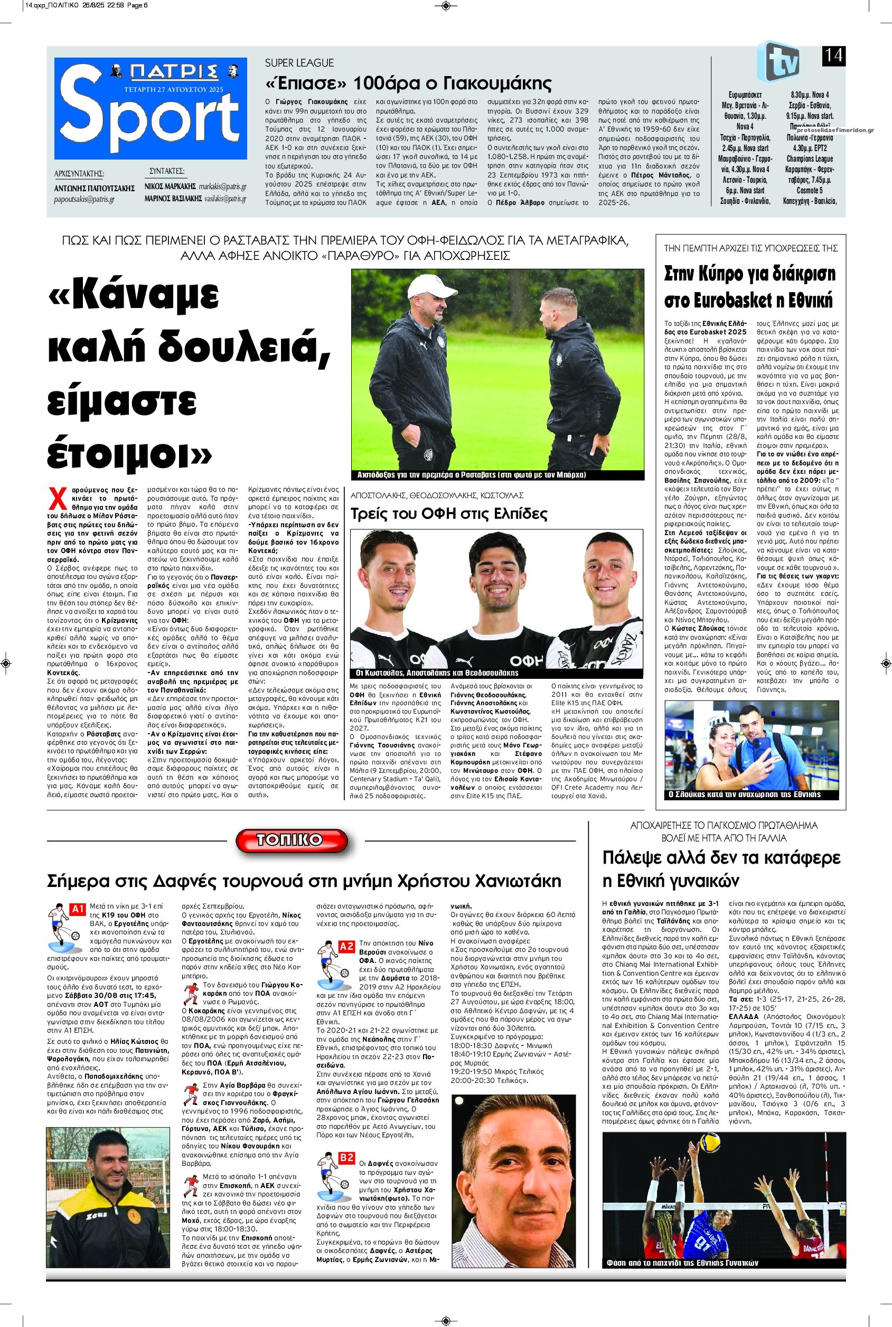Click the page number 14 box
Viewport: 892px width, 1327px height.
(833, 57)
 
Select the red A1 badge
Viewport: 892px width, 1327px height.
(77, 909)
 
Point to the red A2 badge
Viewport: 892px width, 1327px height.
(346, 947)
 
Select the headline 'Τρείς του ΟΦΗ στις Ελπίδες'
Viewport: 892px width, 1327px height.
(449, 514)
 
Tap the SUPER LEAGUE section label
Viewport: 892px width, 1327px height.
(299, 63)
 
